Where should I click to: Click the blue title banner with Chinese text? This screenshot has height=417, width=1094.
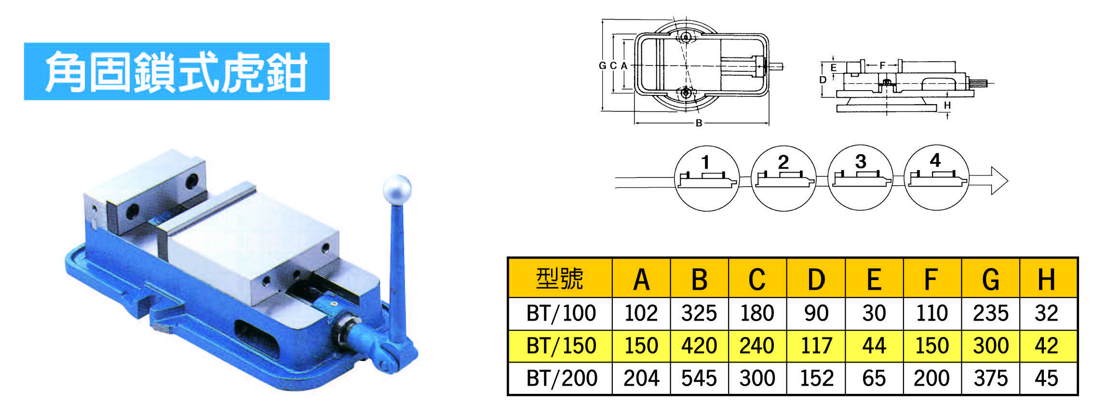click(x=176, y=71)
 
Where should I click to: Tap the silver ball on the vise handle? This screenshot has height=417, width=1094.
click(x=397, y=189)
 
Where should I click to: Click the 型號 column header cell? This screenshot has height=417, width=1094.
click(x=560, y=278)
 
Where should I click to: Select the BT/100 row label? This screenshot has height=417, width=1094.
click(x=561, y=313)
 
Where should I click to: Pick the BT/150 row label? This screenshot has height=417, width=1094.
click(x=561, y=346)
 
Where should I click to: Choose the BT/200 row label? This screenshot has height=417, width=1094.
click(x=561, y=378)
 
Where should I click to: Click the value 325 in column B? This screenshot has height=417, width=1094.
click(x=699, y=313)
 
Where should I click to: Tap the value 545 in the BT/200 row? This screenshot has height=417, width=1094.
click(x=699, y=378)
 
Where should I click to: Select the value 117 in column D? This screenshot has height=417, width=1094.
click(x=816, y=346)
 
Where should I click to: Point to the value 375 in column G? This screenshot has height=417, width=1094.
click(x=990, y=378)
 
